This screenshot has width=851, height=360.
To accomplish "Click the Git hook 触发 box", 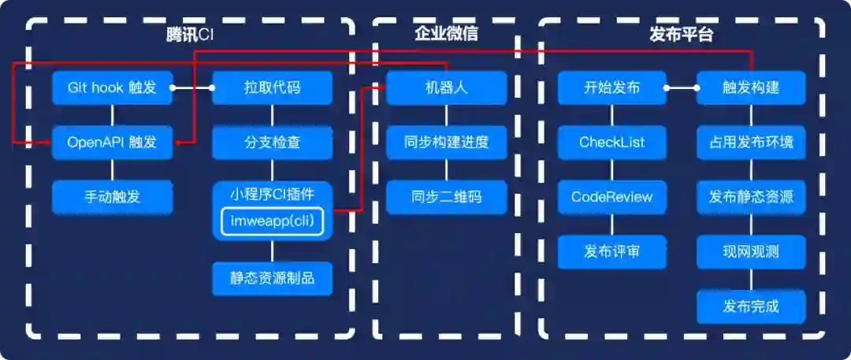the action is pyautogui.click(x=112, y=87).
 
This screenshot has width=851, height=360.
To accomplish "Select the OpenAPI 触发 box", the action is pyautogui.click(x=112, y=143).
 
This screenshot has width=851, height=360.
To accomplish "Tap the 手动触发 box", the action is pyautogui.click(x=112, y=197).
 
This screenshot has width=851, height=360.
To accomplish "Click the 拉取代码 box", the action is pyautogui.click(x=272, y=87).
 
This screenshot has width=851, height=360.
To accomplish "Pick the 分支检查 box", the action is pyautogui.click(x=272, y=143).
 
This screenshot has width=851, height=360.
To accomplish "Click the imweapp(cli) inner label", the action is pyautogui.click(x=272, y=221).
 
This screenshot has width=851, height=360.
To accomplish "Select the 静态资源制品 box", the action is pyautogui.click(x=272, y=278).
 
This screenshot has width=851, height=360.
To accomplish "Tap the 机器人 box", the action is pyautogui.click(x=447, y=87).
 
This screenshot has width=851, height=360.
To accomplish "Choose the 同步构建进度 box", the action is pyautogui.click(x=447, y=143).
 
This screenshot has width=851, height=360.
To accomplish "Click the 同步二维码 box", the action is pyautogui.click(x=447, y=197).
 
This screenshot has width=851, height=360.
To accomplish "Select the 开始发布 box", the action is pyautogui.click(x=612, y=87).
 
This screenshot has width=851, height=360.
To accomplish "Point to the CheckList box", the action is pyautogui.click(x=612, y=143).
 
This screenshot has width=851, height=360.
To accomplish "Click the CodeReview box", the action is pyautogui.click(x=612, y=197).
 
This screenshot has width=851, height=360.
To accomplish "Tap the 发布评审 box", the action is pyautogui.click(x=612, y=252).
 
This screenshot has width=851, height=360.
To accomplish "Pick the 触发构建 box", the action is pyautogui.click(x=751, y=87).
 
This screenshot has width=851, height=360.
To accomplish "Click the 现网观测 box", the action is pyautogui.click(x=751, y=252).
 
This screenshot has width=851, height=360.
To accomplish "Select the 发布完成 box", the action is pyautogui.click(x=751, y=306).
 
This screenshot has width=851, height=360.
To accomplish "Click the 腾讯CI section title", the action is pyautogui.click(x=190, y=35).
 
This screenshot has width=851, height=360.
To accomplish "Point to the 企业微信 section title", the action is pyautogui.click(x=447, y=35).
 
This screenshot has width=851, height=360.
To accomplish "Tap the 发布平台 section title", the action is pyautogui.click(x=682, y=35).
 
